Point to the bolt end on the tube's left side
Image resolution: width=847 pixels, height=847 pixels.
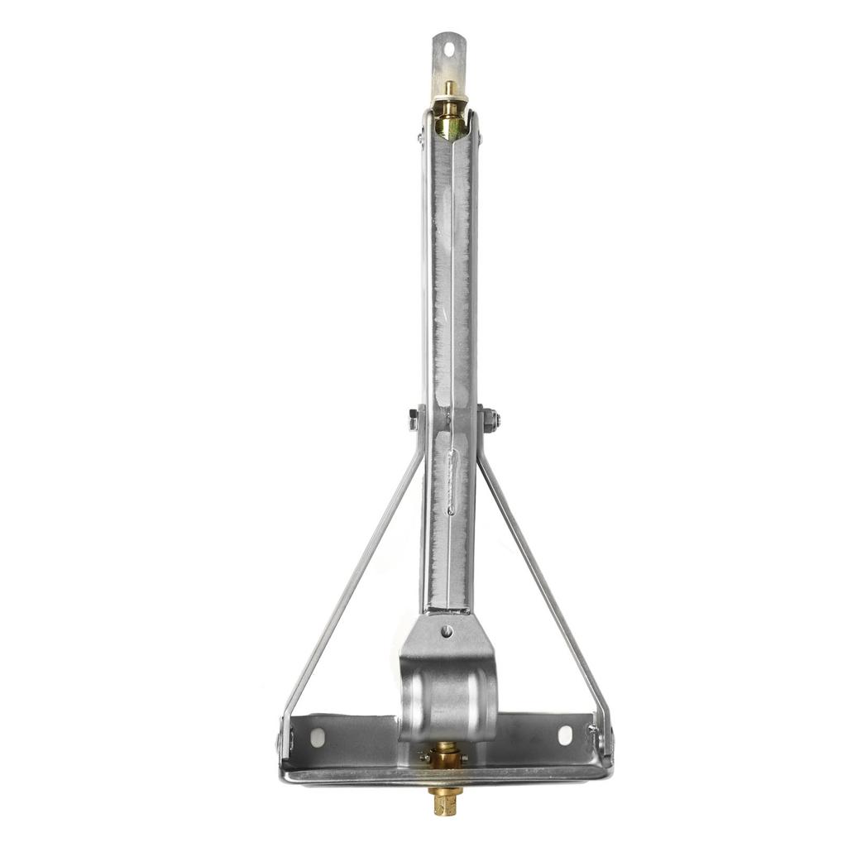click(413, 420)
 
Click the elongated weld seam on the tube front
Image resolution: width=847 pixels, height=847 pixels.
click(451, 482)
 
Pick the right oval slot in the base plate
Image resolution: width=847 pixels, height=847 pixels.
click(565, 735)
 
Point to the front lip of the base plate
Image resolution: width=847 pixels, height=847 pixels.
click(447, 777)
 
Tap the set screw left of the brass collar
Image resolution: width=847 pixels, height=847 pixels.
click(424, 757)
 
